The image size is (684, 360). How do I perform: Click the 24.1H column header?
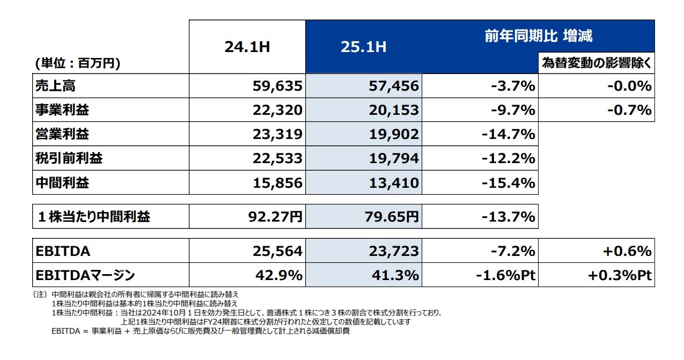click(247, 47)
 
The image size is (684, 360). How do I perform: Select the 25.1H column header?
click(363, 47)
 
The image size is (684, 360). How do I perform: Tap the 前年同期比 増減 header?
click(538, 36)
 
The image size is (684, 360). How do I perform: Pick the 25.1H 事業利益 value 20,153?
click(394, 110)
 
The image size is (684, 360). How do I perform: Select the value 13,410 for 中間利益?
click(394, 183)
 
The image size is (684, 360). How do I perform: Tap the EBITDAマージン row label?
click(85, 275)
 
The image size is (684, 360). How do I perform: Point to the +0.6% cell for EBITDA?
click(626, 251)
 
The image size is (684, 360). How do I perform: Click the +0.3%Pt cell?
click(620, 275)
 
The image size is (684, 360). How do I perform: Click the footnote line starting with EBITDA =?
click(201, 332)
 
